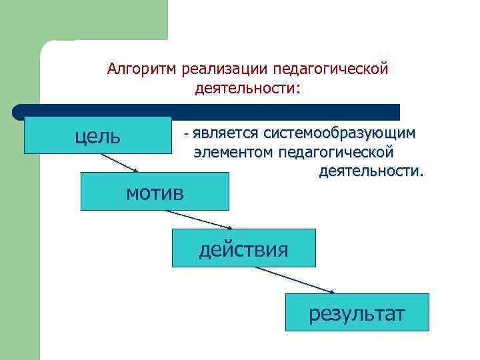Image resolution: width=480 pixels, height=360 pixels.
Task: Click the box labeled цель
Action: coord(97,135)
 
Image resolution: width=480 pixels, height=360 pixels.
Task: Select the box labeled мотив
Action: coord(154,191)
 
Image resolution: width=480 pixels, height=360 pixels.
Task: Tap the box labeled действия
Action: coord(243,249)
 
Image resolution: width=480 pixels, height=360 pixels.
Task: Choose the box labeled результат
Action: coord(357,312)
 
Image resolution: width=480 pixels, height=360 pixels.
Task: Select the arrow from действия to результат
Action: coord(293,280)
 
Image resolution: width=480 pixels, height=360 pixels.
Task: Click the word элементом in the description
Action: coord(233,153)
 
